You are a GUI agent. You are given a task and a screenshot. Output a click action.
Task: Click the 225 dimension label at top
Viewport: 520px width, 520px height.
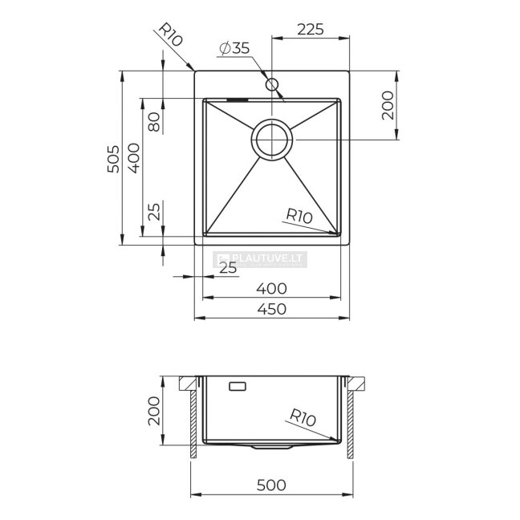point(310,29)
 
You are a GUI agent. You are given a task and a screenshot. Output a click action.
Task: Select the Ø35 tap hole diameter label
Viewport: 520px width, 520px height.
point(234,48)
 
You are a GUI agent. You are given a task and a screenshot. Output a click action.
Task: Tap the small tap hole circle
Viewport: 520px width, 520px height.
point(271,84)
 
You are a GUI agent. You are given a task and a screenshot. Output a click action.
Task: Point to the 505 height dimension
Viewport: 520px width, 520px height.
point(113,159)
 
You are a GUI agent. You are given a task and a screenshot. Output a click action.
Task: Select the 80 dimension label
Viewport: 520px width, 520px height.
point(154,122)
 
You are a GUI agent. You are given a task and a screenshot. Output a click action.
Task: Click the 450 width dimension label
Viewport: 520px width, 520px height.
point(271,309)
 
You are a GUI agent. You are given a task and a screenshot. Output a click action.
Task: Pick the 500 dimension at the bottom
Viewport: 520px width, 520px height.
point(271,485)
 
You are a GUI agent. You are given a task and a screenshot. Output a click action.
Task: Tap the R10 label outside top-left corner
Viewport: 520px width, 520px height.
point(171,35)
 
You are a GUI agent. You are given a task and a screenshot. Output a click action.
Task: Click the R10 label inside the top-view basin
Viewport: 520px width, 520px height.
point(299,216)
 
